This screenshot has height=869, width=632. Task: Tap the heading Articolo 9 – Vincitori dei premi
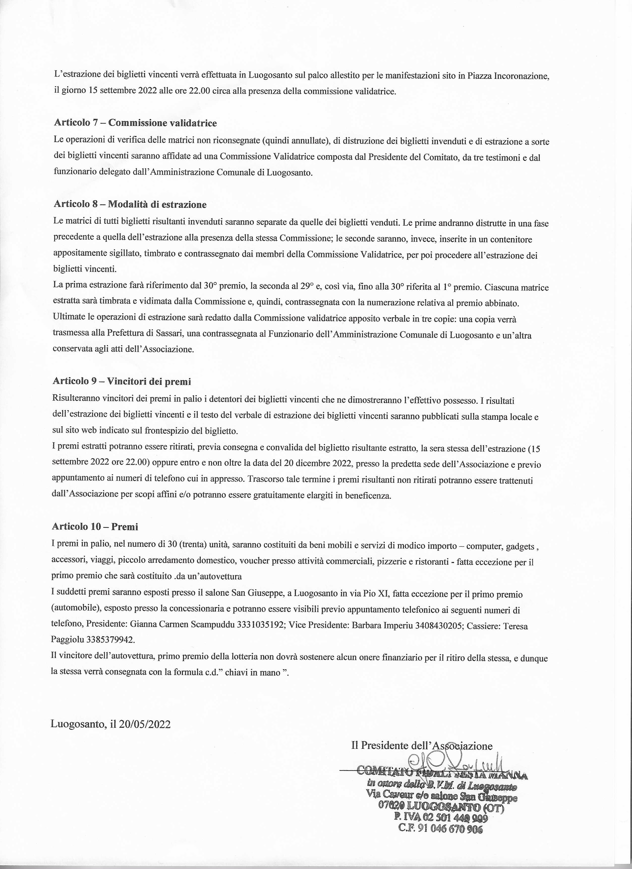coord(121,381)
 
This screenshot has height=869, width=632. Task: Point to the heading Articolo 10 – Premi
coord(95,527)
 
